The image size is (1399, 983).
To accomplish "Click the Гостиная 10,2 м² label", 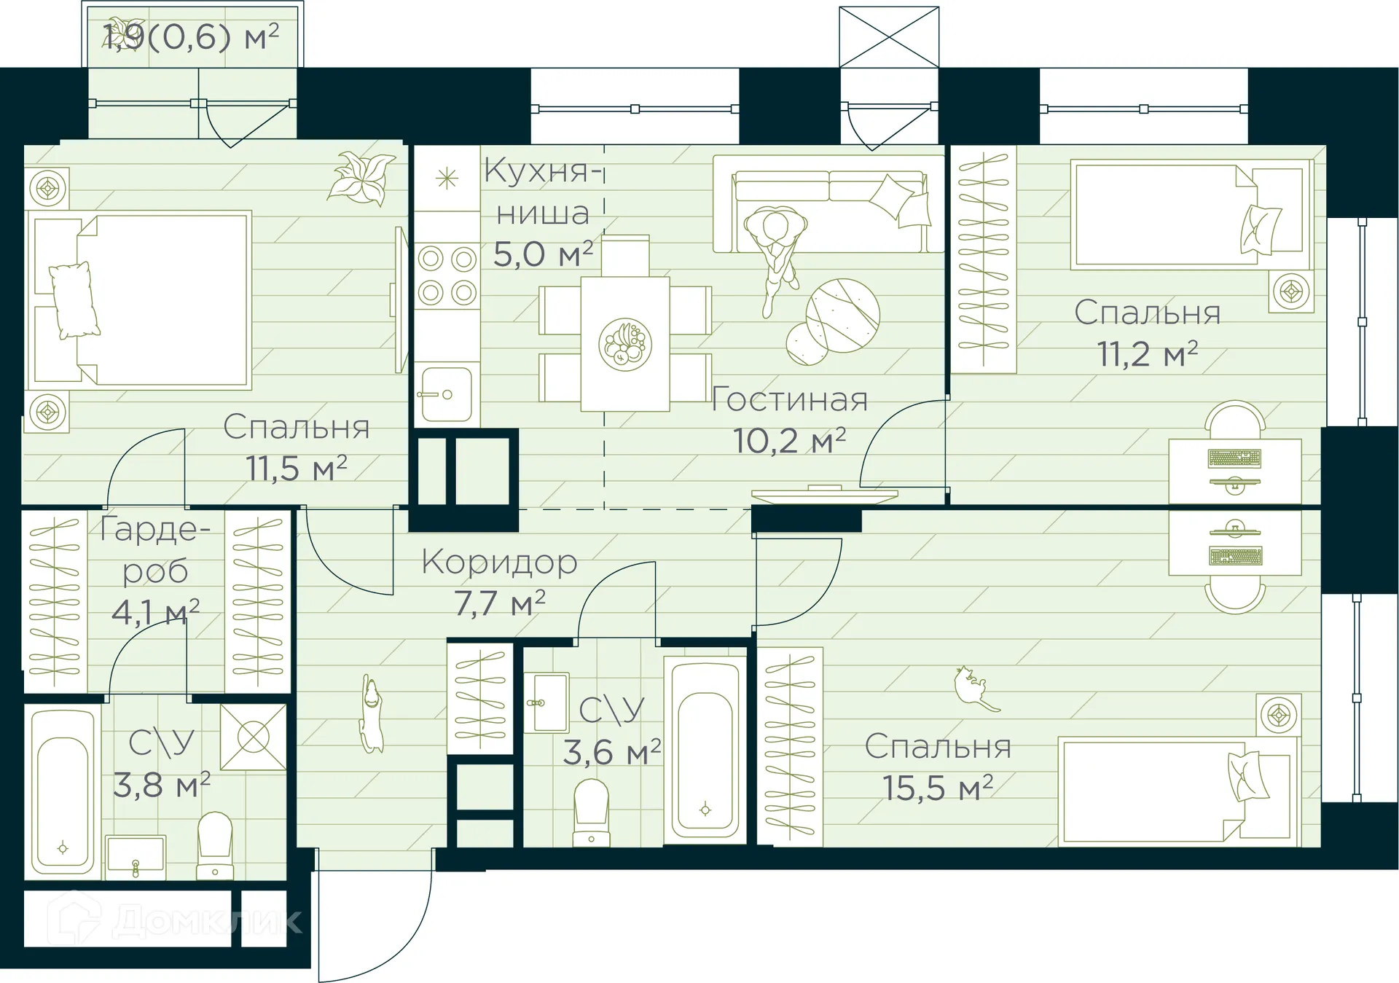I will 790,420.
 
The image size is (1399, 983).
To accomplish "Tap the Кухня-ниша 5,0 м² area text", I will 543,254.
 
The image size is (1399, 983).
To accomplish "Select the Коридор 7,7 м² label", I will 499,582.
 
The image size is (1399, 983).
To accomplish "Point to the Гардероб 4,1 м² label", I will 155,571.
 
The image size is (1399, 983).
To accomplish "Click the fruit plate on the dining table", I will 624,344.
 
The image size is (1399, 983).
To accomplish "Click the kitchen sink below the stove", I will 446,394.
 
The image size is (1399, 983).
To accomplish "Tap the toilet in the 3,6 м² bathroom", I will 591,812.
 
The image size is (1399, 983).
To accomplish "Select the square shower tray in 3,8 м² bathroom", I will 253,737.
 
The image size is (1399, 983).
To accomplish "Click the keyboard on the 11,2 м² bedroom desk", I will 1234,458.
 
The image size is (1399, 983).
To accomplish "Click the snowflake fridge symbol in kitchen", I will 446,179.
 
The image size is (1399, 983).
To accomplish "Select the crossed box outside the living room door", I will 888,36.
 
